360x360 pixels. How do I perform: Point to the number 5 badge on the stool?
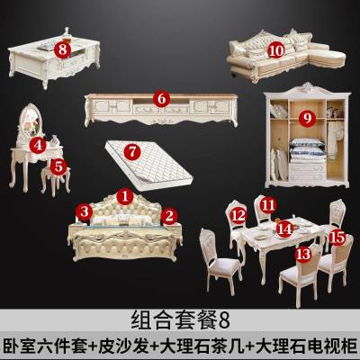[58, 166]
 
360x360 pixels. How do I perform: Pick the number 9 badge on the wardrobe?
[306, 117]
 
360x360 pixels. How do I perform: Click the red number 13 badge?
[303, 255]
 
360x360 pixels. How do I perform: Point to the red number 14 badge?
[283, 228]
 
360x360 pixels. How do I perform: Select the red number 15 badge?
[337, 238]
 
